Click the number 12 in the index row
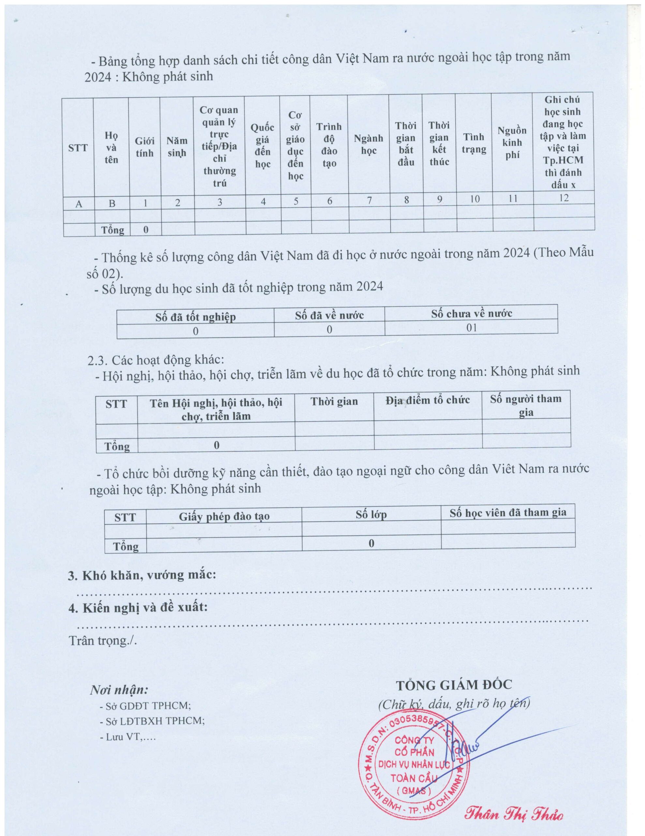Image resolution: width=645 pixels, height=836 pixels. [563, 198]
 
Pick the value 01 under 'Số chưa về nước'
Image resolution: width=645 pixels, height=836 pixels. [472, 328]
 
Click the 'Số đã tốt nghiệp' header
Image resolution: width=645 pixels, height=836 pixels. [195, 316]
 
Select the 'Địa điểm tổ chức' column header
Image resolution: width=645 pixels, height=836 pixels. [427, 400]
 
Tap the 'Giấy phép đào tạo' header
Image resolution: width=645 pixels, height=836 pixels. [224, 516]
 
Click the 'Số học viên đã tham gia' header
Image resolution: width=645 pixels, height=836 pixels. [508, 513]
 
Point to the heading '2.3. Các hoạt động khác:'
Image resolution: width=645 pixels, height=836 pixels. [156, 360]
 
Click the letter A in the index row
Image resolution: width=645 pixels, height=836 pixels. [79, 203]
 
